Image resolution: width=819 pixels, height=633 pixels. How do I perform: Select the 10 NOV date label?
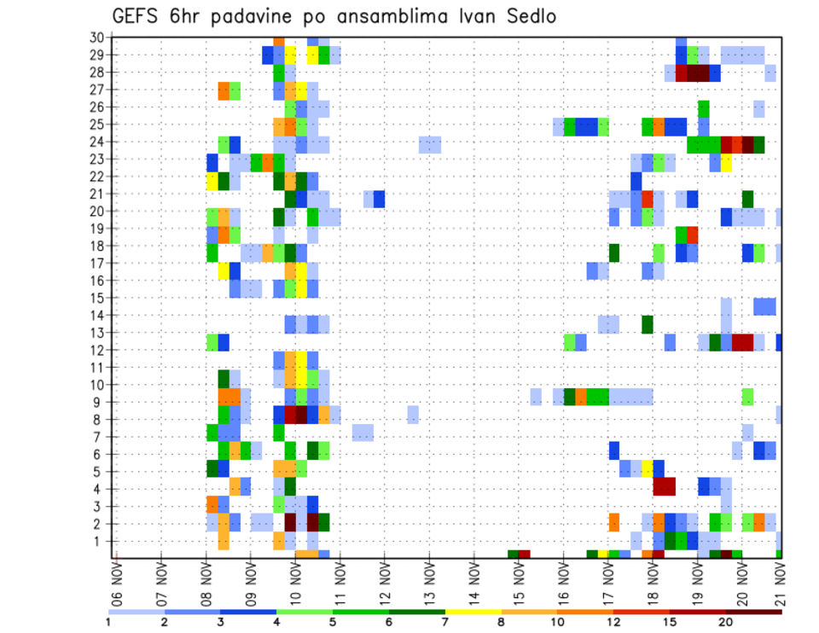pyautogui.click(x=296, y=581)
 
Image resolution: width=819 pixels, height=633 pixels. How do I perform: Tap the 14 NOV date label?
pyautogui.click(x=474, y=581)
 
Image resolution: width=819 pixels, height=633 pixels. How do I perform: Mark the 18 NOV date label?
pyautogui.click(x=653, y=581)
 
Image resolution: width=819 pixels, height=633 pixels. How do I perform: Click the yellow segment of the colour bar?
pyautogui.click(x=473, y=612)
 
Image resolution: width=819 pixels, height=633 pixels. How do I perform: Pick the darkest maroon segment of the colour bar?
pyautogui.click(x=754, y=612)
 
